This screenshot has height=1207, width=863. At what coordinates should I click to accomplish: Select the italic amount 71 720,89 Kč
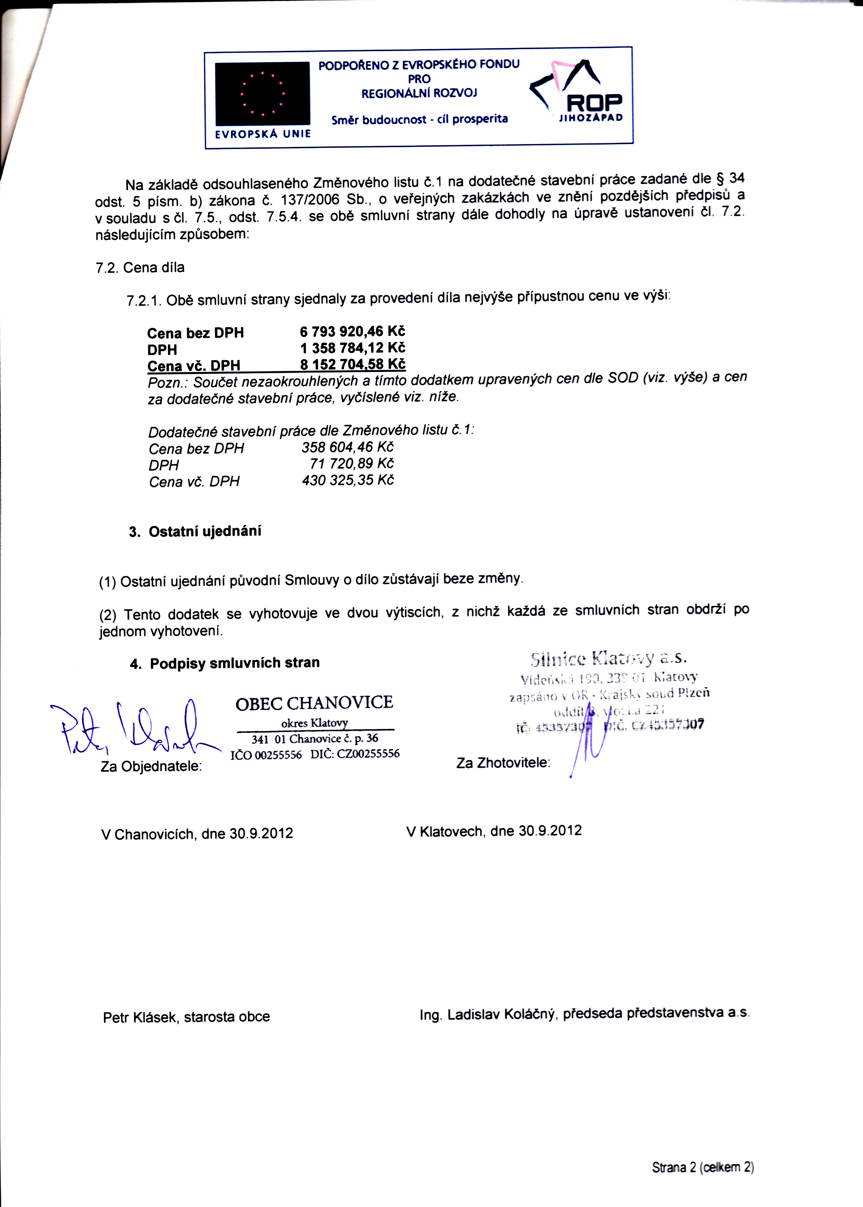click(351, 463)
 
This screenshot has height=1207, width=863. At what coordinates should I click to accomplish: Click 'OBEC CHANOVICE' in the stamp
click(314, 703)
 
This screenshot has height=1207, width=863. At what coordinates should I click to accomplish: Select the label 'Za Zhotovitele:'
click(503, 763)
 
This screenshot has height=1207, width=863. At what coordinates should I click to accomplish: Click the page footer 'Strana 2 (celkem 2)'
click(702, 1167)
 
